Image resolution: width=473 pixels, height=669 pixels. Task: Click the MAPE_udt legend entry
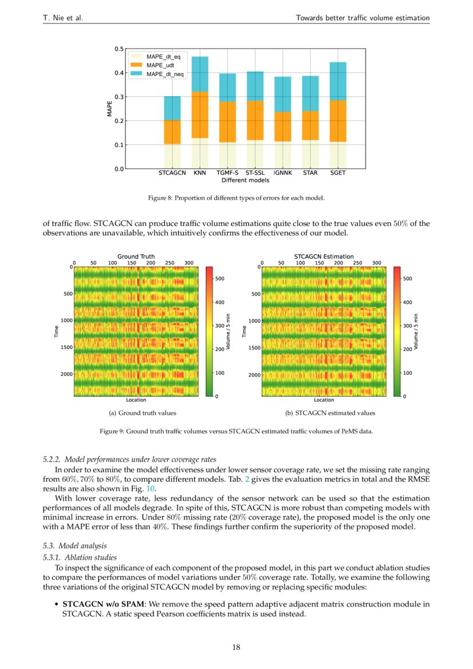pos(155,66)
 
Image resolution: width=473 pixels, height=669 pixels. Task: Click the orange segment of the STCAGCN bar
pos(172,132)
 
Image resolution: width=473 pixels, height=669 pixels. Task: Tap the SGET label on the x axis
pos(337,172)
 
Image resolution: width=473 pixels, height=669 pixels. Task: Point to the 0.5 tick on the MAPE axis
pos(118,49)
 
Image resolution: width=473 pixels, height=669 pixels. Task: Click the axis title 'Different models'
pos(245,180)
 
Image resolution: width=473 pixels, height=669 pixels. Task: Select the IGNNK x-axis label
pos(282,172)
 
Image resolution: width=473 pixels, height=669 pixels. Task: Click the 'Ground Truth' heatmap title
pos(136,256)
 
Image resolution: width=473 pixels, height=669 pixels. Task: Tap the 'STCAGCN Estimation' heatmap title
pos(324,256)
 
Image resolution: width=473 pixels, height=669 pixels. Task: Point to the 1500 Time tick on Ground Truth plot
pos(65,347)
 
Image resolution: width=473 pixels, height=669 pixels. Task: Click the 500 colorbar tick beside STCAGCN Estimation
pos(409,278)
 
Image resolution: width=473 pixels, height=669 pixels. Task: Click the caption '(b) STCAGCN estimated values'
pos(330,413)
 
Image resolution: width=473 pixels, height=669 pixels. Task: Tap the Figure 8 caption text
pos(236,198)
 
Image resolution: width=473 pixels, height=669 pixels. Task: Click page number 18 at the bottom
pos(236,647)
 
